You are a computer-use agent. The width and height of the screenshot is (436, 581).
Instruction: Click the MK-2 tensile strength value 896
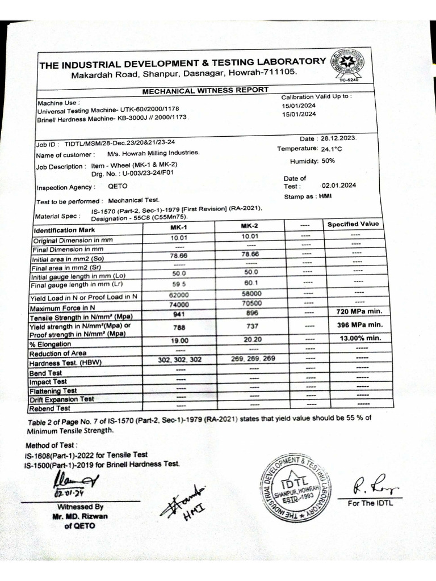251,313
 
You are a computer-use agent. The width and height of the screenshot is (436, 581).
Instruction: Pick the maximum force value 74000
179,304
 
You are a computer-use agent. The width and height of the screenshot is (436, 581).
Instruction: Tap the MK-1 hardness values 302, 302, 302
179,360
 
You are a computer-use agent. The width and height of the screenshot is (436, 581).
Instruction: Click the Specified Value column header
353,224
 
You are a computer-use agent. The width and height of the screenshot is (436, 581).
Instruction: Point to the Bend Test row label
46,373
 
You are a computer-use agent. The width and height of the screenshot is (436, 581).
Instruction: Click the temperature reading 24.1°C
332,149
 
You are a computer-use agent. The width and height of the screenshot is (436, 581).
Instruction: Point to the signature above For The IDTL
370,485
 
